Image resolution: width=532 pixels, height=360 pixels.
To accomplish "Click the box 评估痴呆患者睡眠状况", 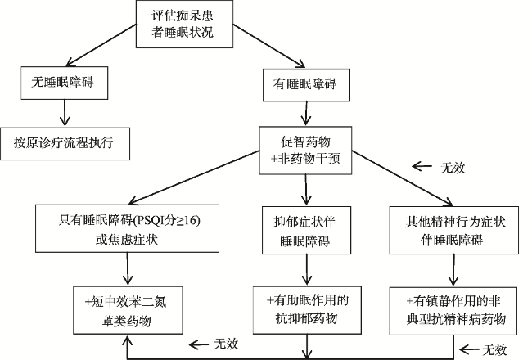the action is click(x=184, y=24).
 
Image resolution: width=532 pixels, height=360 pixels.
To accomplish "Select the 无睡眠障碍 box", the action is click(x=65, y=83).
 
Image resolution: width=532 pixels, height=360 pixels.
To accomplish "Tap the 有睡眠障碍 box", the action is click(x=306, y=85).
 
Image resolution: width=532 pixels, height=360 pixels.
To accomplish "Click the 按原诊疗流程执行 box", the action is click(x=65, y=143).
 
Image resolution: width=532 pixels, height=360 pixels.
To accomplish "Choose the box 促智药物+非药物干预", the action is click(x=306, y=151).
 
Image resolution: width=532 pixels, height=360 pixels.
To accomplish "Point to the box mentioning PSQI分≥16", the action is click(x=127, y=228).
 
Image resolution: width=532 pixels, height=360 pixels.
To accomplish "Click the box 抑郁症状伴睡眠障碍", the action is click(x=306, y=231).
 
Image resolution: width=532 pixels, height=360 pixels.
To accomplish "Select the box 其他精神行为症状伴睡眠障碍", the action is click(x=453, y=230).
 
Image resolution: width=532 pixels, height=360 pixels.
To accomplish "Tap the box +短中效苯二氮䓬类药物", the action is click(x=128, y=310).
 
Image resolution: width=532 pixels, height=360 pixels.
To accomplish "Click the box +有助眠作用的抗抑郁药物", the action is click(x=307, y=310).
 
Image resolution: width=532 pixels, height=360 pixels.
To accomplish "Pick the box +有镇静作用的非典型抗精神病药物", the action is click(x=453, y=311).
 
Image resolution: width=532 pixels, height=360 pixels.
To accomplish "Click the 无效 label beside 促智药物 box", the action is click(x=453, y=168).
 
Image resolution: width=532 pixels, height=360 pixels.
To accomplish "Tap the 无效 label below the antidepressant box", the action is click(x=226, y=344).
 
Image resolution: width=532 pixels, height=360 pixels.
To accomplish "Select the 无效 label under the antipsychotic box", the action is click(x=494, y=349).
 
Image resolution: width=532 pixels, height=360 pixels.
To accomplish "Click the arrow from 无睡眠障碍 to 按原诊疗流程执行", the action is click(x=65, y=113).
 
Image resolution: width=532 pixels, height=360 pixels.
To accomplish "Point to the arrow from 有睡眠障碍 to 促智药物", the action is click(x=306, y=114).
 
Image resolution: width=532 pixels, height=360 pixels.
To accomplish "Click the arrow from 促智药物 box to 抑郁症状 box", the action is click(x=306, y=190).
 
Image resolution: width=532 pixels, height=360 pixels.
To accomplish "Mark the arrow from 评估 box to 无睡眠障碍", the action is click(x=101, y=45).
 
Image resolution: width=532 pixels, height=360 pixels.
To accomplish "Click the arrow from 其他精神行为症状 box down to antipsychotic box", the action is click(x=453, y=270).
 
